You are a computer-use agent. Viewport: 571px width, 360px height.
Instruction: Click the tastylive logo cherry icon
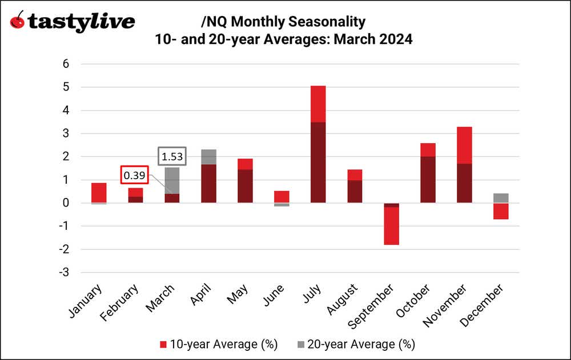pyautogui.click(x=18, y=22)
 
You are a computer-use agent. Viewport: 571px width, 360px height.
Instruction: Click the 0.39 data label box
pyautogui.click(x=134, y=175)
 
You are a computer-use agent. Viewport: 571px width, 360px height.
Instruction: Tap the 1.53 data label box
pyautogui.click(x=172, y=156)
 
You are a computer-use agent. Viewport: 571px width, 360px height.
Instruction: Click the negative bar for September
pyautogui.click(x=391, y=225)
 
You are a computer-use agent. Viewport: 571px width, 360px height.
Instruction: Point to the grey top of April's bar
pyautogui.click(x=208, y=157)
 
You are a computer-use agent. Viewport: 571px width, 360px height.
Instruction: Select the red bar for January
pyautogui.click(x=99, y=193)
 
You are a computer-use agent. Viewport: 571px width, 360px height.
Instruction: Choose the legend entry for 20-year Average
pyautogui.click(x=355, y=344)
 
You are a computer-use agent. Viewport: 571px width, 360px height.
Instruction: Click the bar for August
pyautogui.click(x=355, y=187)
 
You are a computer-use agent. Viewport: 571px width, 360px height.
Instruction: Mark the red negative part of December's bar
pyautogui.click(x=501, y=211)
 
